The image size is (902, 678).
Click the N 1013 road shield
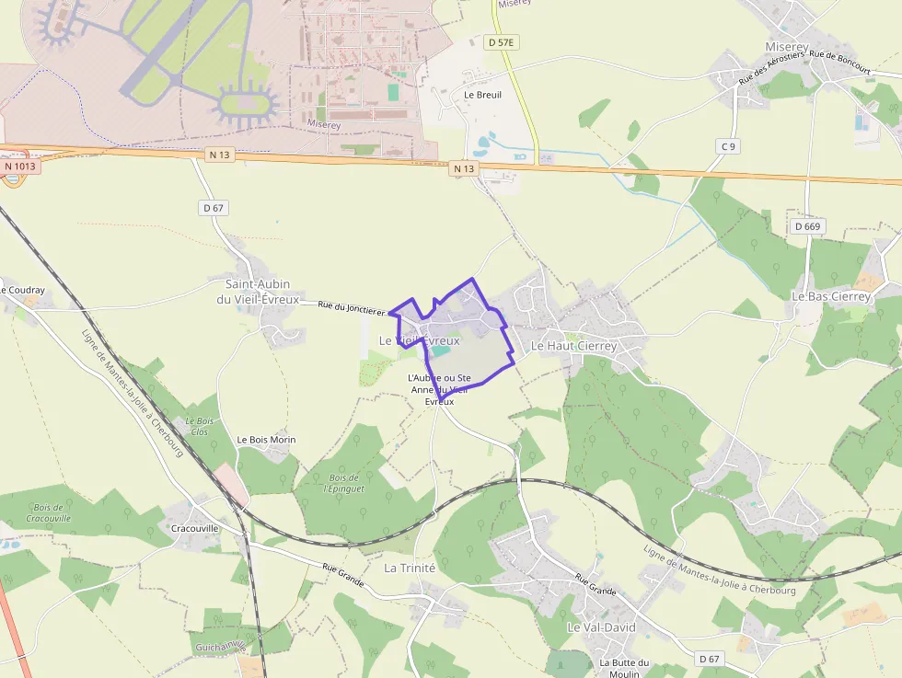coord(19,167)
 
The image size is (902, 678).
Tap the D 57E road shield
coord(501,42)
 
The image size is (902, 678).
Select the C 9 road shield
coord(728,146)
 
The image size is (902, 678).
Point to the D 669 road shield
coord(807,226)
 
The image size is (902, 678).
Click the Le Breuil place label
coord(482,95)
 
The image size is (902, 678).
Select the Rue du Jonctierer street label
coord(351,308)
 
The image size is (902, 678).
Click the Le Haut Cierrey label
coord(573,346)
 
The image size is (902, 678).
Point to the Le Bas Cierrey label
coord(831,297)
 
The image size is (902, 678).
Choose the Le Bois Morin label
coord(266,440)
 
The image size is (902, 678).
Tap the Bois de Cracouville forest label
coord(48,513)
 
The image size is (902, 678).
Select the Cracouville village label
coord(195,529)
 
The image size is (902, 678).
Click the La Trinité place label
coord(410,568)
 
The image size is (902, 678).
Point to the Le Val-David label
coord(601,627)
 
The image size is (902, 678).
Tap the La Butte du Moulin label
coord(624,668)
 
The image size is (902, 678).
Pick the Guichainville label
coord(219,647)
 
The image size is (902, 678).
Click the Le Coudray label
coord(22,290)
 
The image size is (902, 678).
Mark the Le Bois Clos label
coord(199,427)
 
